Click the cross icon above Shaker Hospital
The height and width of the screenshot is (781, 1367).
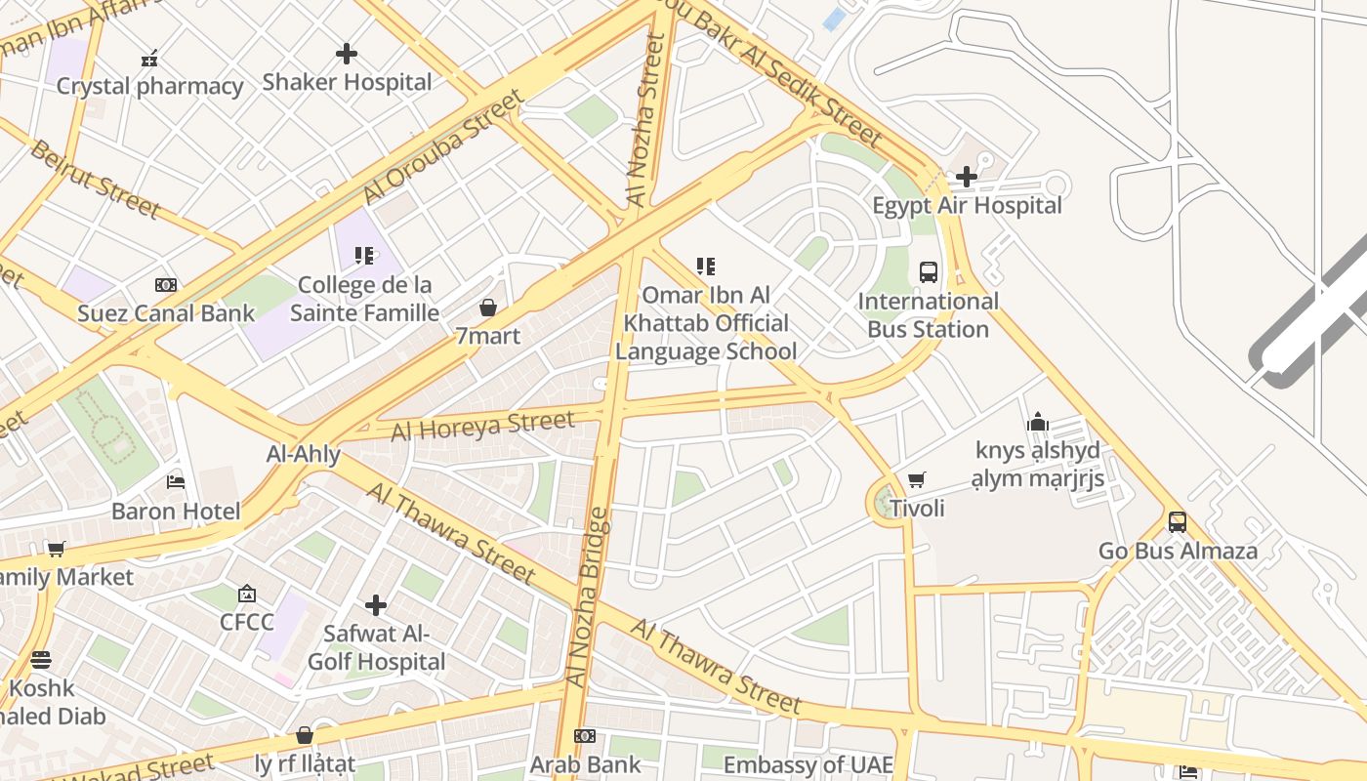point(347,54)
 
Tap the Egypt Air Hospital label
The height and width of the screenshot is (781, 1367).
point(967,206)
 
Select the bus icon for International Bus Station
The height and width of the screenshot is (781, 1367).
point(929,271)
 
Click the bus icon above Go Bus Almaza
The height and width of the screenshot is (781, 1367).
point(1178,521)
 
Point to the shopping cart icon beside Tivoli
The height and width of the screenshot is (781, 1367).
point(916,479)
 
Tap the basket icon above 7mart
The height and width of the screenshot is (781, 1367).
point(488,308)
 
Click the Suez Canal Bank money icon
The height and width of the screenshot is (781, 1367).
point(166,285)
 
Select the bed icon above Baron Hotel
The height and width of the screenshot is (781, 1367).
point(176,482)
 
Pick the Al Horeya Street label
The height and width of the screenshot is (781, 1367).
point(482,426)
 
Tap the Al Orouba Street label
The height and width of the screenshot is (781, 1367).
point(444,146)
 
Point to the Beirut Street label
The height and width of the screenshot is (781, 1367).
point(94,179)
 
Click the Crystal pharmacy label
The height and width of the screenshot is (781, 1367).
point(149,87)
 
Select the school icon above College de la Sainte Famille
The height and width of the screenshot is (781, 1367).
point(364,256)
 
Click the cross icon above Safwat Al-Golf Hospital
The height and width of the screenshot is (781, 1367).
point(376,605)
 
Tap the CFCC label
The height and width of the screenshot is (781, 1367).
point(247,622)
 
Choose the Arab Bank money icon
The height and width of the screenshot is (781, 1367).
point(585,736)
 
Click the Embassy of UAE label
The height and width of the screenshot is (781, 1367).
point(808,764)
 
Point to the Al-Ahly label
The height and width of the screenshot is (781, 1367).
point(304,454)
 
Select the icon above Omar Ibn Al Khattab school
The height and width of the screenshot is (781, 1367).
point(706,267)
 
